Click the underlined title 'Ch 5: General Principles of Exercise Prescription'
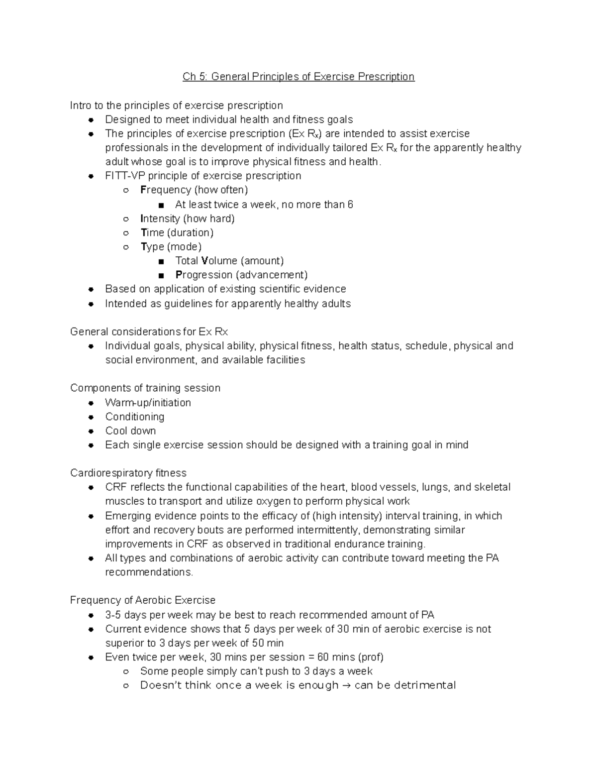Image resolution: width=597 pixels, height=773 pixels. pos(298,77)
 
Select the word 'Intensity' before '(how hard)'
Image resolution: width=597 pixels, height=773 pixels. pos(160,219)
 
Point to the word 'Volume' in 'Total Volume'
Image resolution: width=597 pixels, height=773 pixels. pos(219,261)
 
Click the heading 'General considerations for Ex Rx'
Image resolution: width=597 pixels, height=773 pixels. pos(149,331)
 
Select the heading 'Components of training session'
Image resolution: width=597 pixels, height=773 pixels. pos(145,388)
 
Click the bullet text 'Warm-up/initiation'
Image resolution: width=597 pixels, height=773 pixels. pos(148,402)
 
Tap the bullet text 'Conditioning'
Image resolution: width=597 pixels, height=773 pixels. pos(134,417)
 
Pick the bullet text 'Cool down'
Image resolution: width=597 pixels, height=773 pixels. pos(130,431)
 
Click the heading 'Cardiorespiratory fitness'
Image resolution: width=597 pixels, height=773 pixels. pos(128,473)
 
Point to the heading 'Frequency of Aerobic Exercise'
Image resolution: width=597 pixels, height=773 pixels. pos(143,600)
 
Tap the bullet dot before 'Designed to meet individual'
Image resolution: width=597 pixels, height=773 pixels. pos(91,120)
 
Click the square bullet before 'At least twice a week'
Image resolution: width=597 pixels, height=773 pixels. pos(160,205)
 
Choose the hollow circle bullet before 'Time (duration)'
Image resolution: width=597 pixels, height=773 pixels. pos(126,233)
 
